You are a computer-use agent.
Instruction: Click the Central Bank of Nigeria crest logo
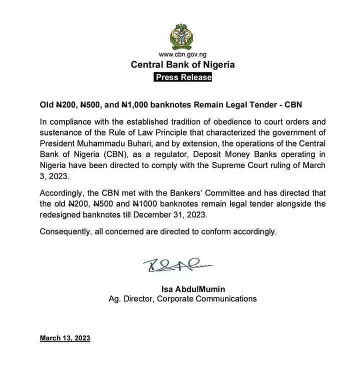(182, 34)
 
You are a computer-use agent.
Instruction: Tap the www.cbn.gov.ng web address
(182, 54)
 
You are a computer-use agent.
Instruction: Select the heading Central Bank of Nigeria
(182, 64)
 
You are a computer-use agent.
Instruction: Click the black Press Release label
(182, 77)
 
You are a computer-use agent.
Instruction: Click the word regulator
(167, 155)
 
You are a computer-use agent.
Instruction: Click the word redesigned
(60, 215)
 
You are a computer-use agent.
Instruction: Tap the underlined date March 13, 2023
(65, 338)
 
